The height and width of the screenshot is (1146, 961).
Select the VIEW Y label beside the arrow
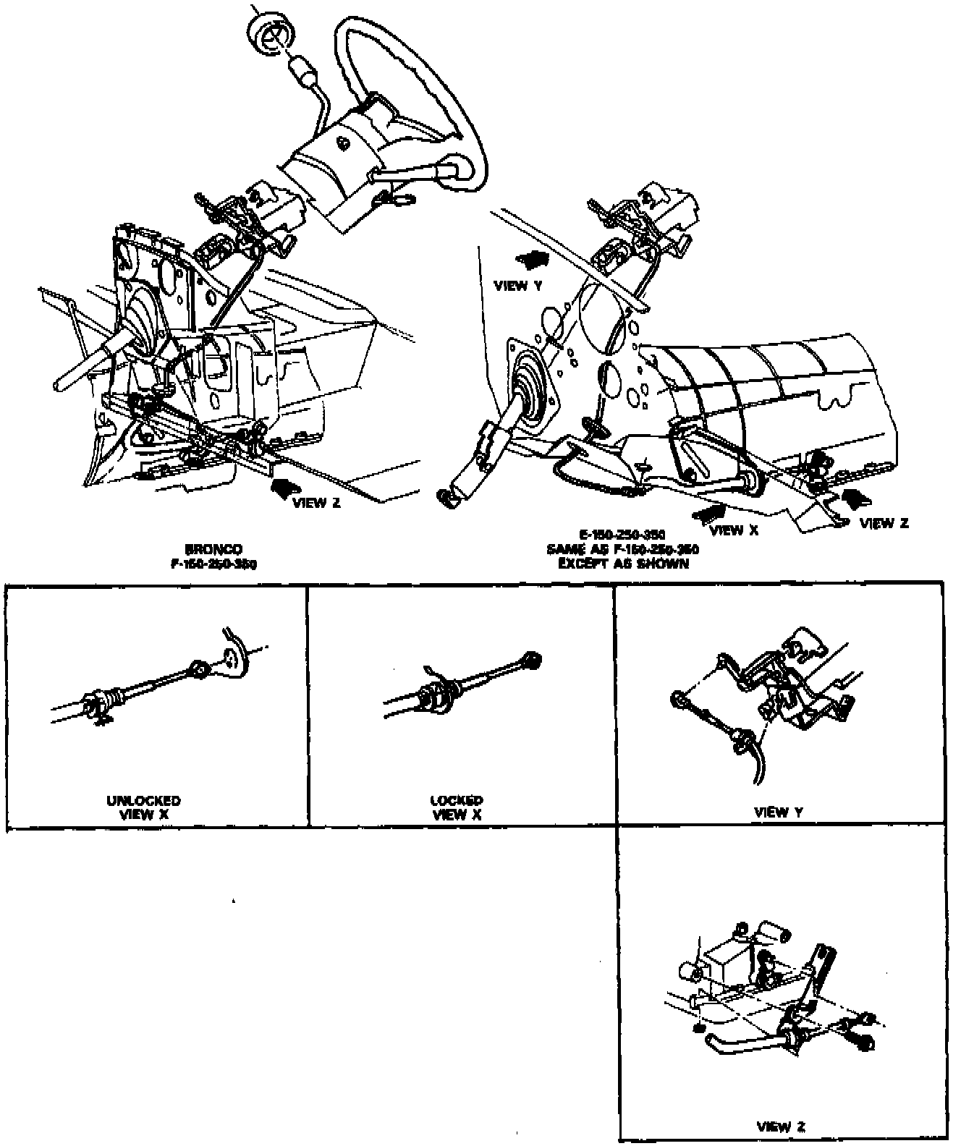click(x=517, y=286)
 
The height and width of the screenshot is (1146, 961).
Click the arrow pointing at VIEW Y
click(x=532, y=257)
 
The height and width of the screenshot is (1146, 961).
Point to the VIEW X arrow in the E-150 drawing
click(x=708, y=513)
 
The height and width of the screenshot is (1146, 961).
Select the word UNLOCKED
click(x=143, y=801)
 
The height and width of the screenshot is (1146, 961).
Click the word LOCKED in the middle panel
click(x=457, y=801)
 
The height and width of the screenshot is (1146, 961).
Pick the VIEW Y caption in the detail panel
click(x=778, y=812)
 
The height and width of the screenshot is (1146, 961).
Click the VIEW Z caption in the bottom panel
click(x=781, y=1126)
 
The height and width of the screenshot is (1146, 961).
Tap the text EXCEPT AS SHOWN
click(x=623, y=564)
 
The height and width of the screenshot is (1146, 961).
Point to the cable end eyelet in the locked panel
click(x=533, y=659)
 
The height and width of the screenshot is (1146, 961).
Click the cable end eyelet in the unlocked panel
click(x=198, y=668)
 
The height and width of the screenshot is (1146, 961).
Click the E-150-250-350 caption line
click(x=622, y=535)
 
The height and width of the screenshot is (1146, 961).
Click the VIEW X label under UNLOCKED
click(x=143, y=814)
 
